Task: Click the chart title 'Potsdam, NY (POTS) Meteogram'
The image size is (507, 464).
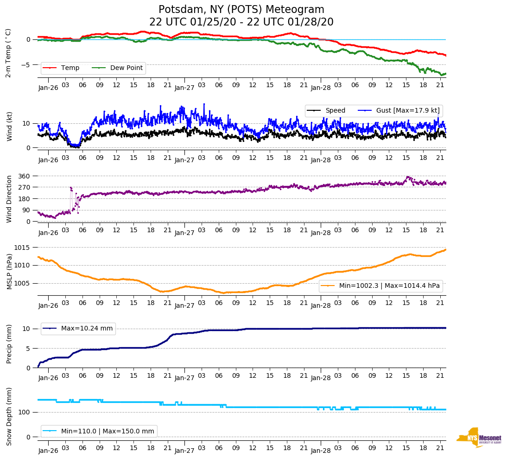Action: [241, 10]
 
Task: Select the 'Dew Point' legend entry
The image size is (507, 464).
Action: [127, 68]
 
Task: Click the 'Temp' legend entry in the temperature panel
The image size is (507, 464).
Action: [70, 68]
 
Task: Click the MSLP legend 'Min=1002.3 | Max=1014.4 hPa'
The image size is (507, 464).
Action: [389, 286]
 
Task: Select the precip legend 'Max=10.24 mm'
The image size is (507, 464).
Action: [87, 328]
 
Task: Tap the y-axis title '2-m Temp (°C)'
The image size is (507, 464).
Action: [8, 53]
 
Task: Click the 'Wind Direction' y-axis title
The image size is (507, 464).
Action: [9, 199]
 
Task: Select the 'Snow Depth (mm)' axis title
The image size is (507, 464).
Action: [9, 416]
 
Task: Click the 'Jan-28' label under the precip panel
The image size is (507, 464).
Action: [321, 378]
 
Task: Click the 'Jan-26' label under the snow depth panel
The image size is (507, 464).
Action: [48, 451]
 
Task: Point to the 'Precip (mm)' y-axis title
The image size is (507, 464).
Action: [9, 345]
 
